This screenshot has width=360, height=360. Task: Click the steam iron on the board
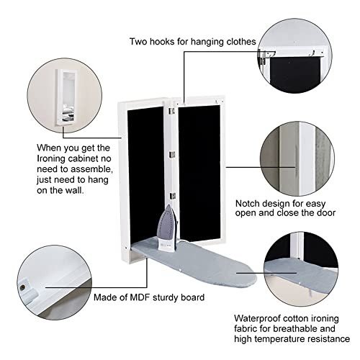pyautogui.click(x=168, y=228)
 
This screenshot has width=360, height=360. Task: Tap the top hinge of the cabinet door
pyautogui.click(x=172, y=111)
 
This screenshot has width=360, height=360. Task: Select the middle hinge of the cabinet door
pyautogui.click(x=172, y=155)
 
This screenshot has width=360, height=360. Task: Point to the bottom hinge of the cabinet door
pyautogui.click(x=172, y=196)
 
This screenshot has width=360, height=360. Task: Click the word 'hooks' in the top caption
pyautogui.click(x=162, y=42)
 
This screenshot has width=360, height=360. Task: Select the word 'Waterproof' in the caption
pyautogui.click(x=257, y=319)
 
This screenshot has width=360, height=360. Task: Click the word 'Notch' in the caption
pyautogui.click(x=248, y=204)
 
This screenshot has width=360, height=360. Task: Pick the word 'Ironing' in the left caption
pyautogui.click(x=51, y=158)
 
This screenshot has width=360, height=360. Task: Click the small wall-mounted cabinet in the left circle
pyautogui.click(x=66, y=97)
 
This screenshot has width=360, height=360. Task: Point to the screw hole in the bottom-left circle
pyautogui.click(x=24, y=287)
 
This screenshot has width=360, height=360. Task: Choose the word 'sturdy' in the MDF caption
pyautogui.click(x=166, y=297)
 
